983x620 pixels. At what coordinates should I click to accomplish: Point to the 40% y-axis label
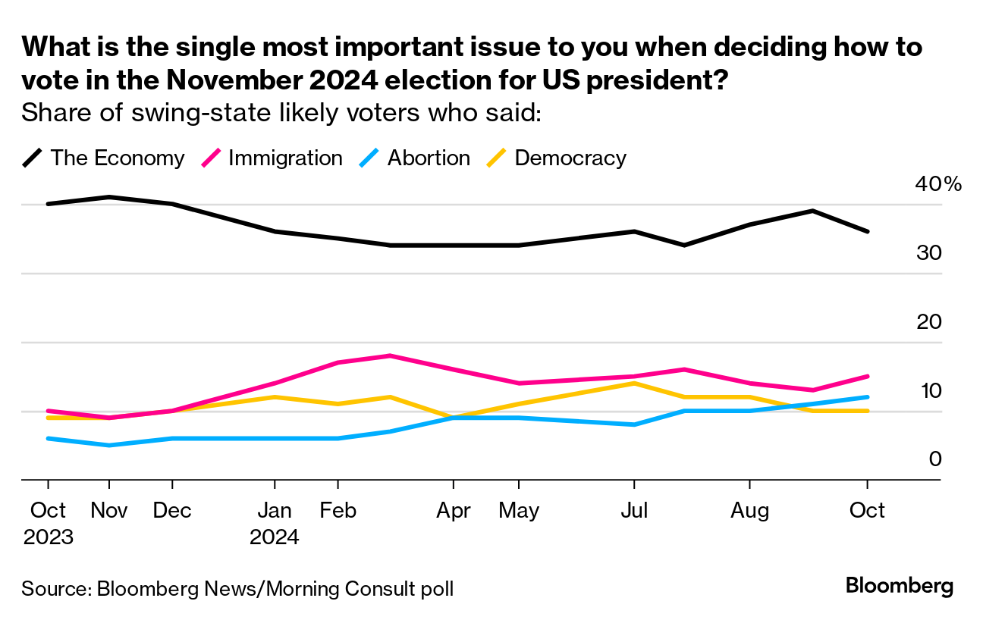[939, 184]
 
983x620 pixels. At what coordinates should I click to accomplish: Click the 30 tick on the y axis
[928, 253]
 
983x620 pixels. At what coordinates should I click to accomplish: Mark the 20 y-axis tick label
[928, 322]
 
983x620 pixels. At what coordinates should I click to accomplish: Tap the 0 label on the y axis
[934, 459]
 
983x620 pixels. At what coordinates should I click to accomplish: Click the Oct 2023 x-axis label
[48, 523]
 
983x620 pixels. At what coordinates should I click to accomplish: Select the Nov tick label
[109, 510]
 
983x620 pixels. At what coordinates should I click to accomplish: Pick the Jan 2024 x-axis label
[275, 523]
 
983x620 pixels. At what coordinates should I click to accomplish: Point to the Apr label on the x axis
[453, 510]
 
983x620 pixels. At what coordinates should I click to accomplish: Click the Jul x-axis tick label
[633, 510]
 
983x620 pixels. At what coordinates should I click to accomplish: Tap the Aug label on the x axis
[749, 510]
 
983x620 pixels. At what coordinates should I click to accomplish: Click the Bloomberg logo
[899, 587]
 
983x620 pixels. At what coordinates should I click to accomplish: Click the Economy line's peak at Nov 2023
[110, 197]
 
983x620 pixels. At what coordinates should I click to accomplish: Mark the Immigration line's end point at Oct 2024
[867, 376]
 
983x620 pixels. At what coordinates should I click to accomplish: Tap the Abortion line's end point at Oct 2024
[867, 397]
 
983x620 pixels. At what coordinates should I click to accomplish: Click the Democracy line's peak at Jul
[633, 384]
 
